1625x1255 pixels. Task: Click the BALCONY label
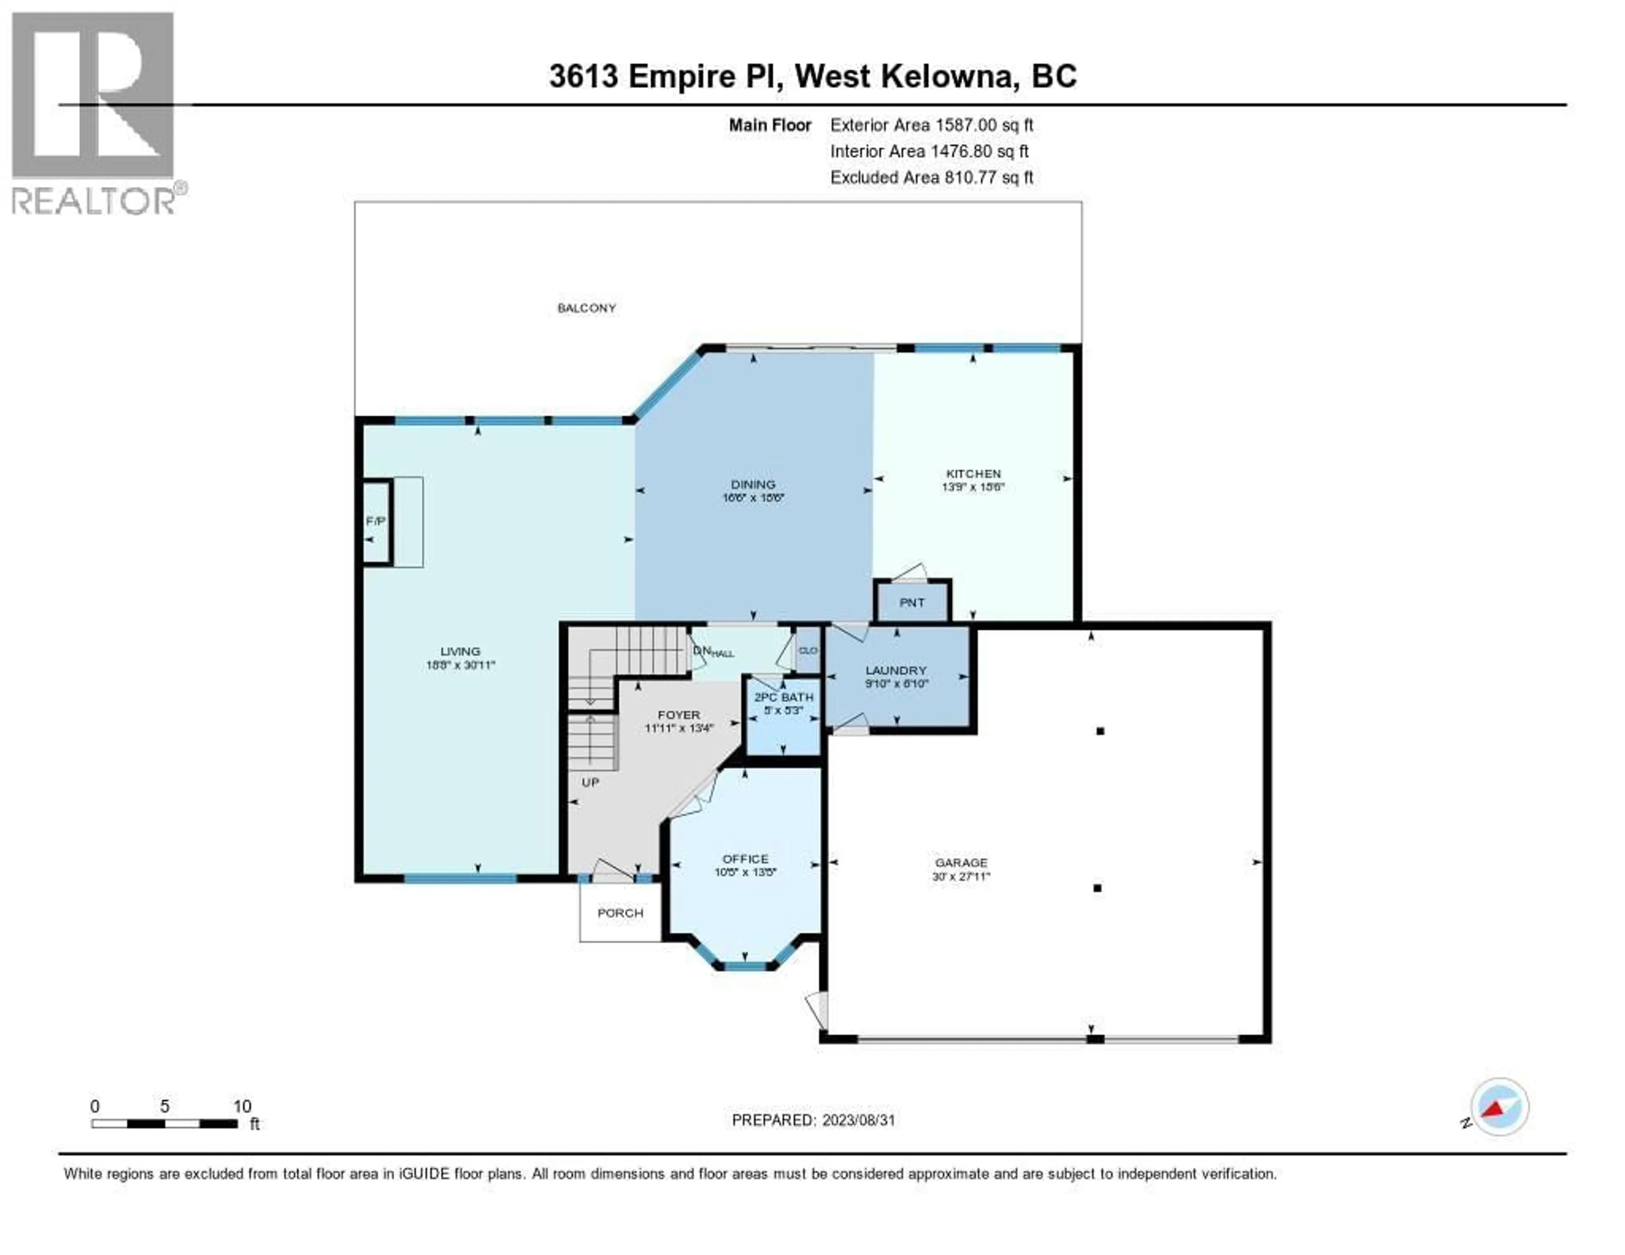(x=586, y=308)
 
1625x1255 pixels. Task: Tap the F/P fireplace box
(x=376, y=521)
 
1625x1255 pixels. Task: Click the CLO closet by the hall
(x=807, y=650)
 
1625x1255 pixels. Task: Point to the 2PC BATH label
(x=783, y=697)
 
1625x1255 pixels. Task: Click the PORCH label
(x=620, y=913)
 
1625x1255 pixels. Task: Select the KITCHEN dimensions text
(x=973, y=487)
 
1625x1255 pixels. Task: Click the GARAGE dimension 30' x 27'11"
(x=961, y=876)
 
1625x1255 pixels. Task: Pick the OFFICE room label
(x=745, y=859)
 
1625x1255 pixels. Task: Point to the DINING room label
(x=753, y=484)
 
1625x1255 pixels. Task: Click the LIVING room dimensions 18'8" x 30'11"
(x=460, y=665)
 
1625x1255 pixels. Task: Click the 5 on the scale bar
(x=165, y=1106)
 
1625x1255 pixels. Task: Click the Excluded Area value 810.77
(x=969, y=177)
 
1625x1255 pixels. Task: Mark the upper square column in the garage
(x=1100, y=731)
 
